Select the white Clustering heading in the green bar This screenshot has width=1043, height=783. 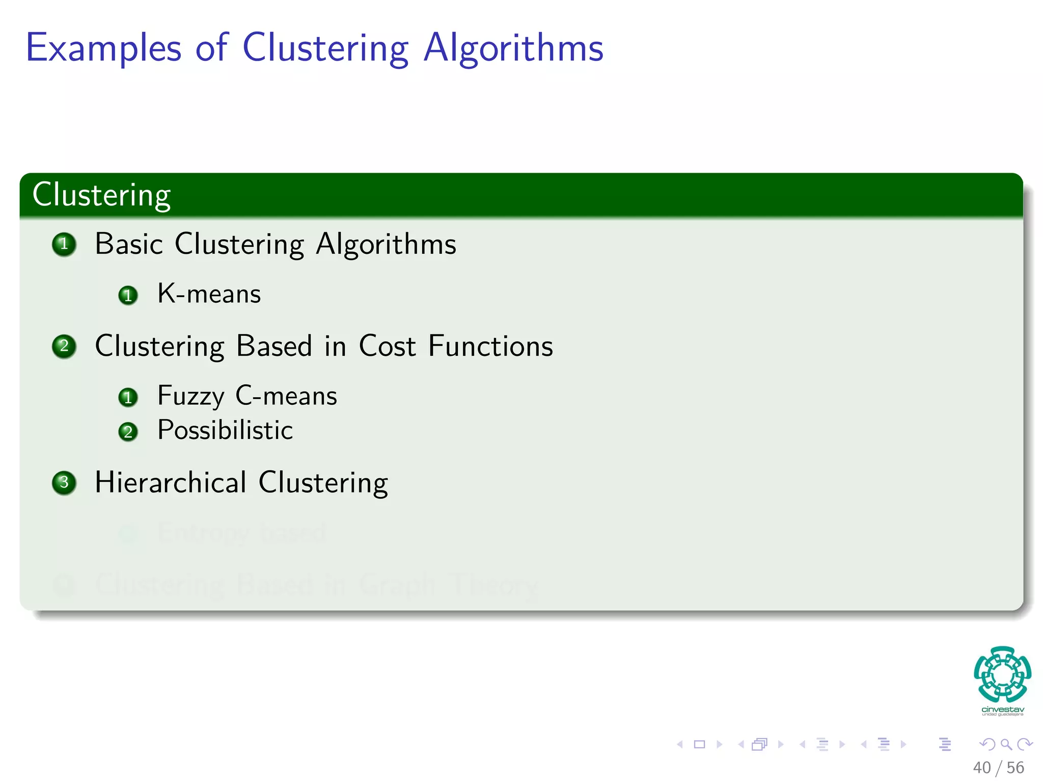coord(101,195)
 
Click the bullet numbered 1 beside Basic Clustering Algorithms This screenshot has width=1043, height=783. coord(64,244)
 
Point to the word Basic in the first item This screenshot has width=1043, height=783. coord(129,244)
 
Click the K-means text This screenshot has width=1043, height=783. coord(209,294)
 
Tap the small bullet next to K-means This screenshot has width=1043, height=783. coord(128,295)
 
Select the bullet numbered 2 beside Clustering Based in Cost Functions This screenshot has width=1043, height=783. coord(64,347)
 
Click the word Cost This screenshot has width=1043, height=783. coord(387,346)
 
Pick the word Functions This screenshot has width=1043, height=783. coord(490,346)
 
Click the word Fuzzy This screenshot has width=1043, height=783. coord(190,396)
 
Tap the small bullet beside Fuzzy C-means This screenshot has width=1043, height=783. coord(128,397)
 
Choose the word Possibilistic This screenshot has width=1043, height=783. coord(225,430)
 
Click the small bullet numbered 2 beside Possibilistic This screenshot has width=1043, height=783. coord(128,432)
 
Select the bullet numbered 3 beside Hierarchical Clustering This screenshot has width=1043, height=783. coord(64,482)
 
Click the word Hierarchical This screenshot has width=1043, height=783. coord(171,482)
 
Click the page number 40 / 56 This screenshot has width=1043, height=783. coord(998,768)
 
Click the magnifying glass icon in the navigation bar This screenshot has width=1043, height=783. coord(1006,744)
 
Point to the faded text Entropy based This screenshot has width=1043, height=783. coord(241,533)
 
